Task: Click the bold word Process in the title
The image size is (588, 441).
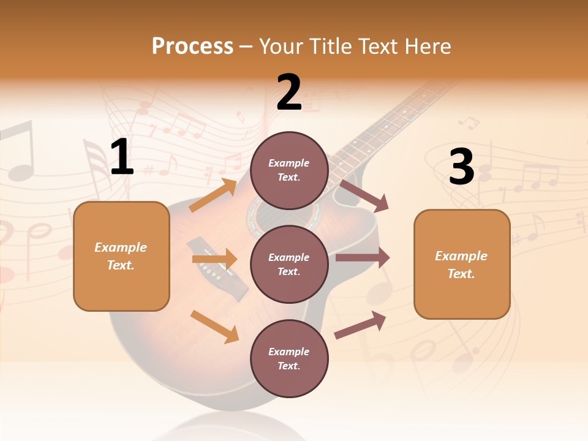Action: pos(192,46)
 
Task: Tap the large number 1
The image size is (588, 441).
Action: pos(122,157)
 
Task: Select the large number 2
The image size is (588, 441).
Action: pos(289,92)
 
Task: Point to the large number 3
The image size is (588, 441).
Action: pos(461,167)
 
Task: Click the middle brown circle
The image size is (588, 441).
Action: pos(289,264)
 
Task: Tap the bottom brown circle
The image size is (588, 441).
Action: pos(289,358)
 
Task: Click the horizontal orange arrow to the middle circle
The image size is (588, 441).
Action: pos(214,259)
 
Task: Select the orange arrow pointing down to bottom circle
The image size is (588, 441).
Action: pos(214,326)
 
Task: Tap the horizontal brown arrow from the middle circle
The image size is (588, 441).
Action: pos(363,258)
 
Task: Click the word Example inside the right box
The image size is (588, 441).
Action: pos(461,256)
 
